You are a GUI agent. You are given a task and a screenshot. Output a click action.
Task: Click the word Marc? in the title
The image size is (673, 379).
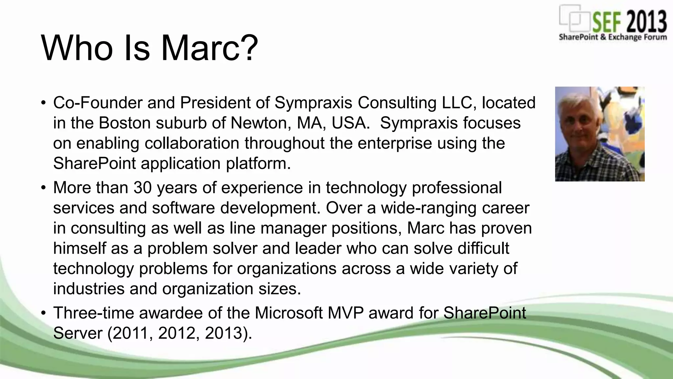click(209, 48)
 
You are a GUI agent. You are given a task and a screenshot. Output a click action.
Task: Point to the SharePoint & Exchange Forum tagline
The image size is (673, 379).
click(613, 37)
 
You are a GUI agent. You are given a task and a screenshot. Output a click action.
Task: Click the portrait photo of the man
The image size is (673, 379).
click(600, 134)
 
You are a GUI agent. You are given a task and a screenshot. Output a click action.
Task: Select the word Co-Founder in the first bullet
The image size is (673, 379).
click(98, 103)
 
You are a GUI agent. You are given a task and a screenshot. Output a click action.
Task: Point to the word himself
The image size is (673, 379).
click(80, 248)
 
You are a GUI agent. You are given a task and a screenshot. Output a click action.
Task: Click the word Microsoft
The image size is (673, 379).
click(289, 313)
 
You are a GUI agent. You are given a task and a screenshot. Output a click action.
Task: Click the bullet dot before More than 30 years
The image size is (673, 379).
click(43, 188)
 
